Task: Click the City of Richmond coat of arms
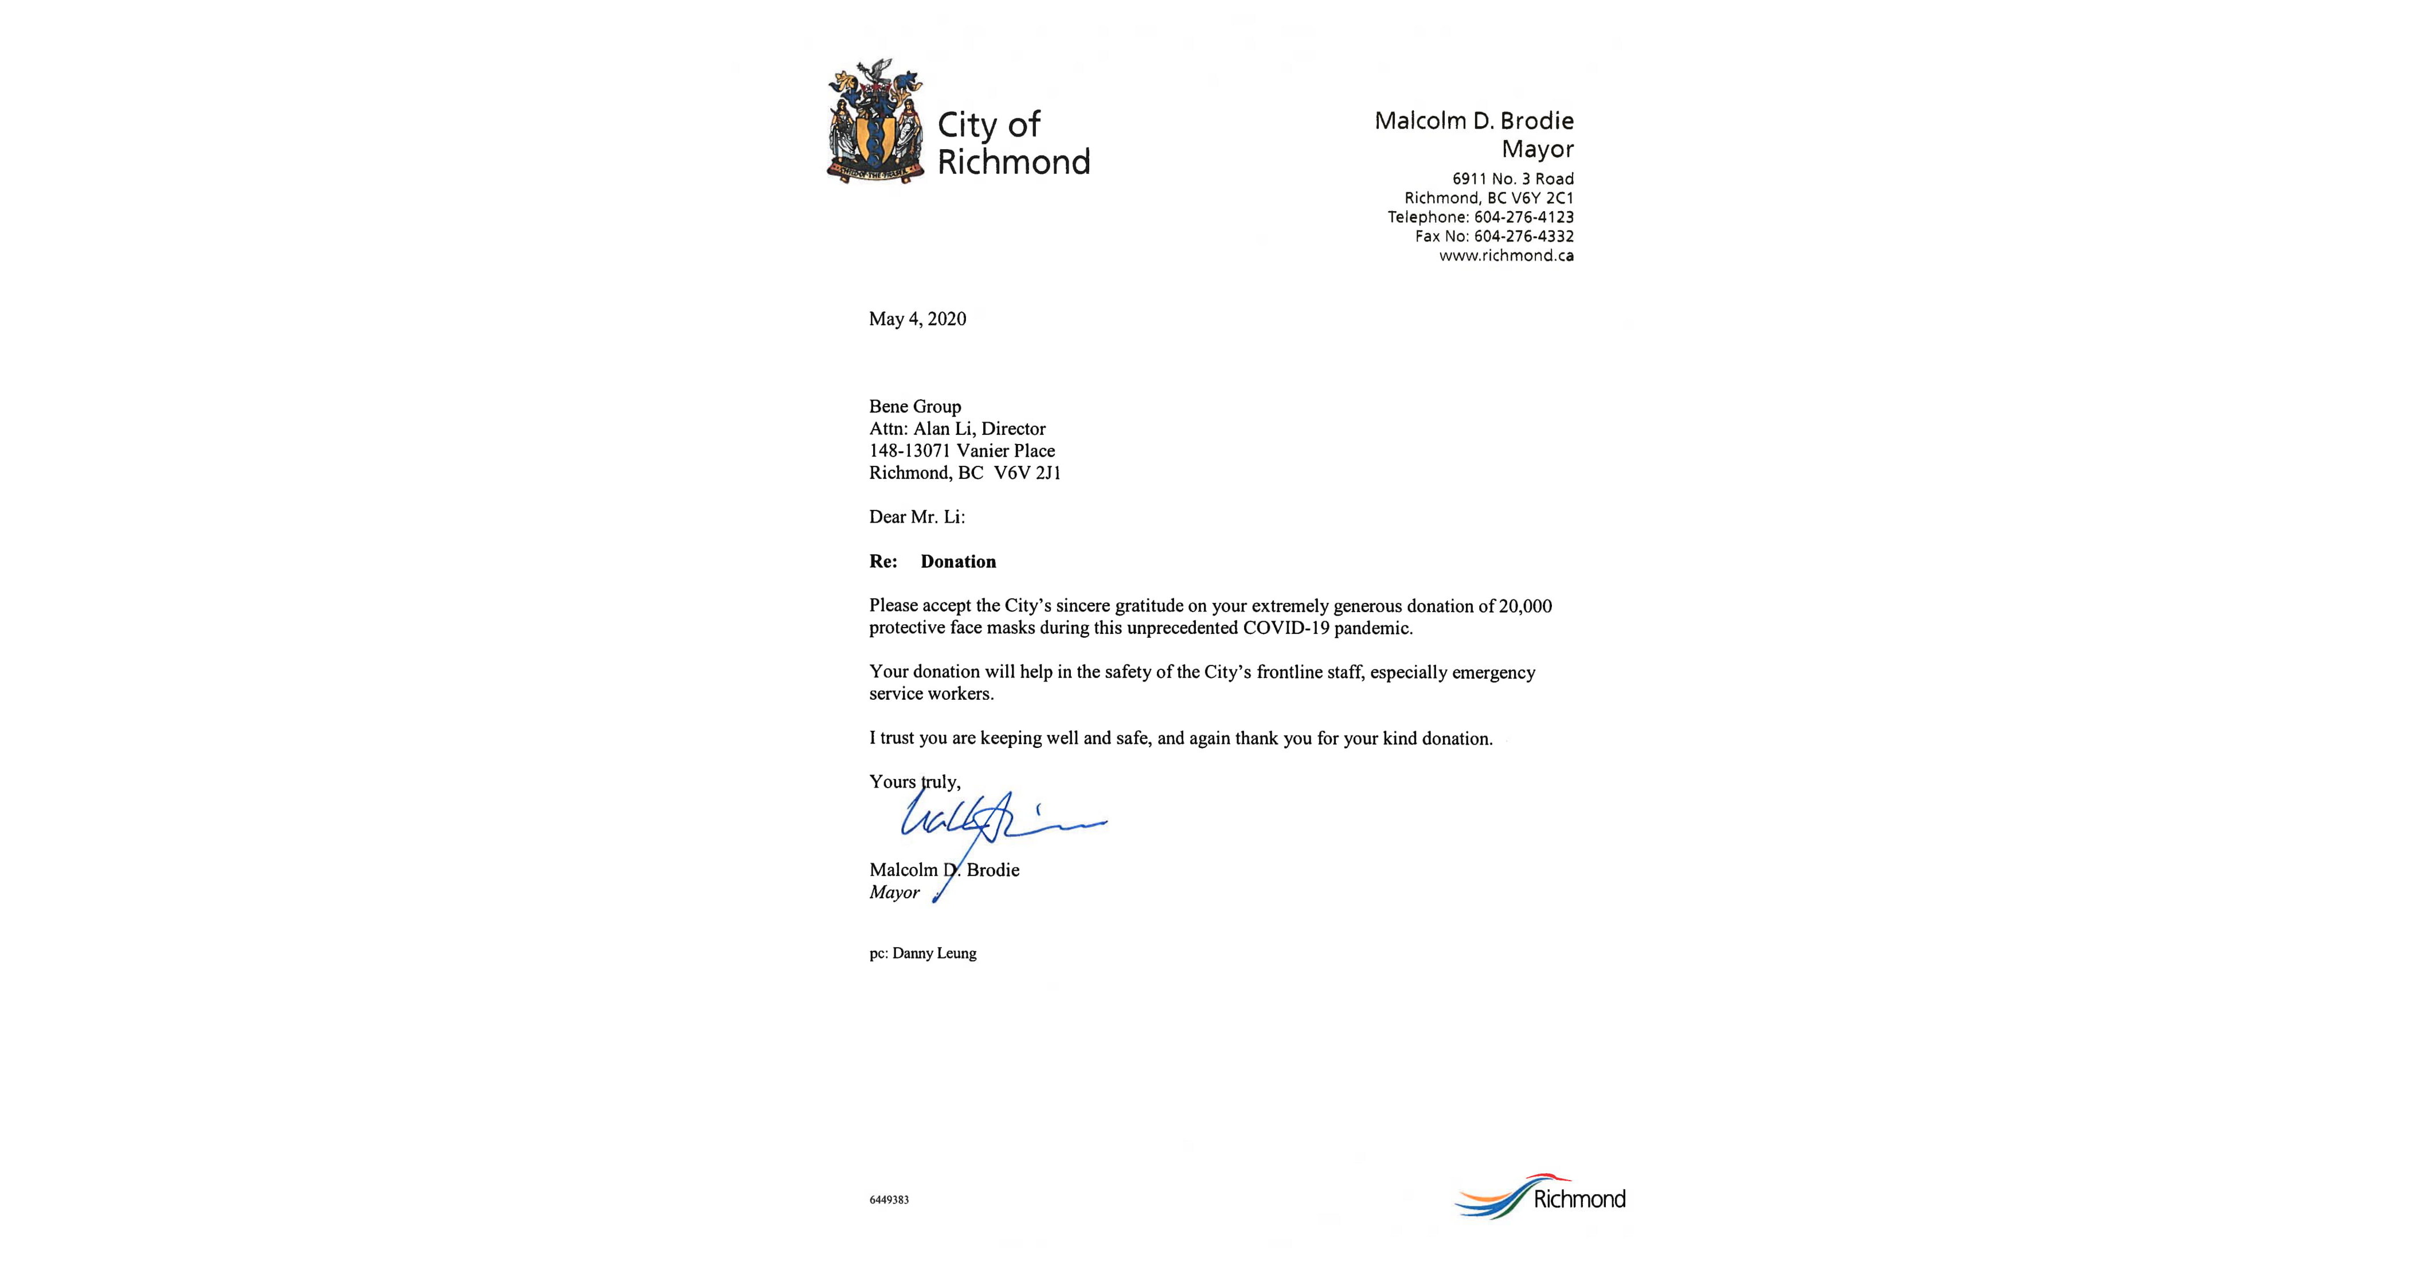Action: (874, 122)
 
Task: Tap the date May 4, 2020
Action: (917, 319)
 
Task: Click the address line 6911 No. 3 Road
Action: (1512, 178)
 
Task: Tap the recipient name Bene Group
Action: (914, 406)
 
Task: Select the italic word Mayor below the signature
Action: (894, 893)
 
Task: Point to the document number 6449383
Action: (889, 1199)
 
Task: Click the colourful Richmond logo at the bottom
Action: (1540, 1197)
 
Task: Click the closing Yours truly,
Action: (914, 782)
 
